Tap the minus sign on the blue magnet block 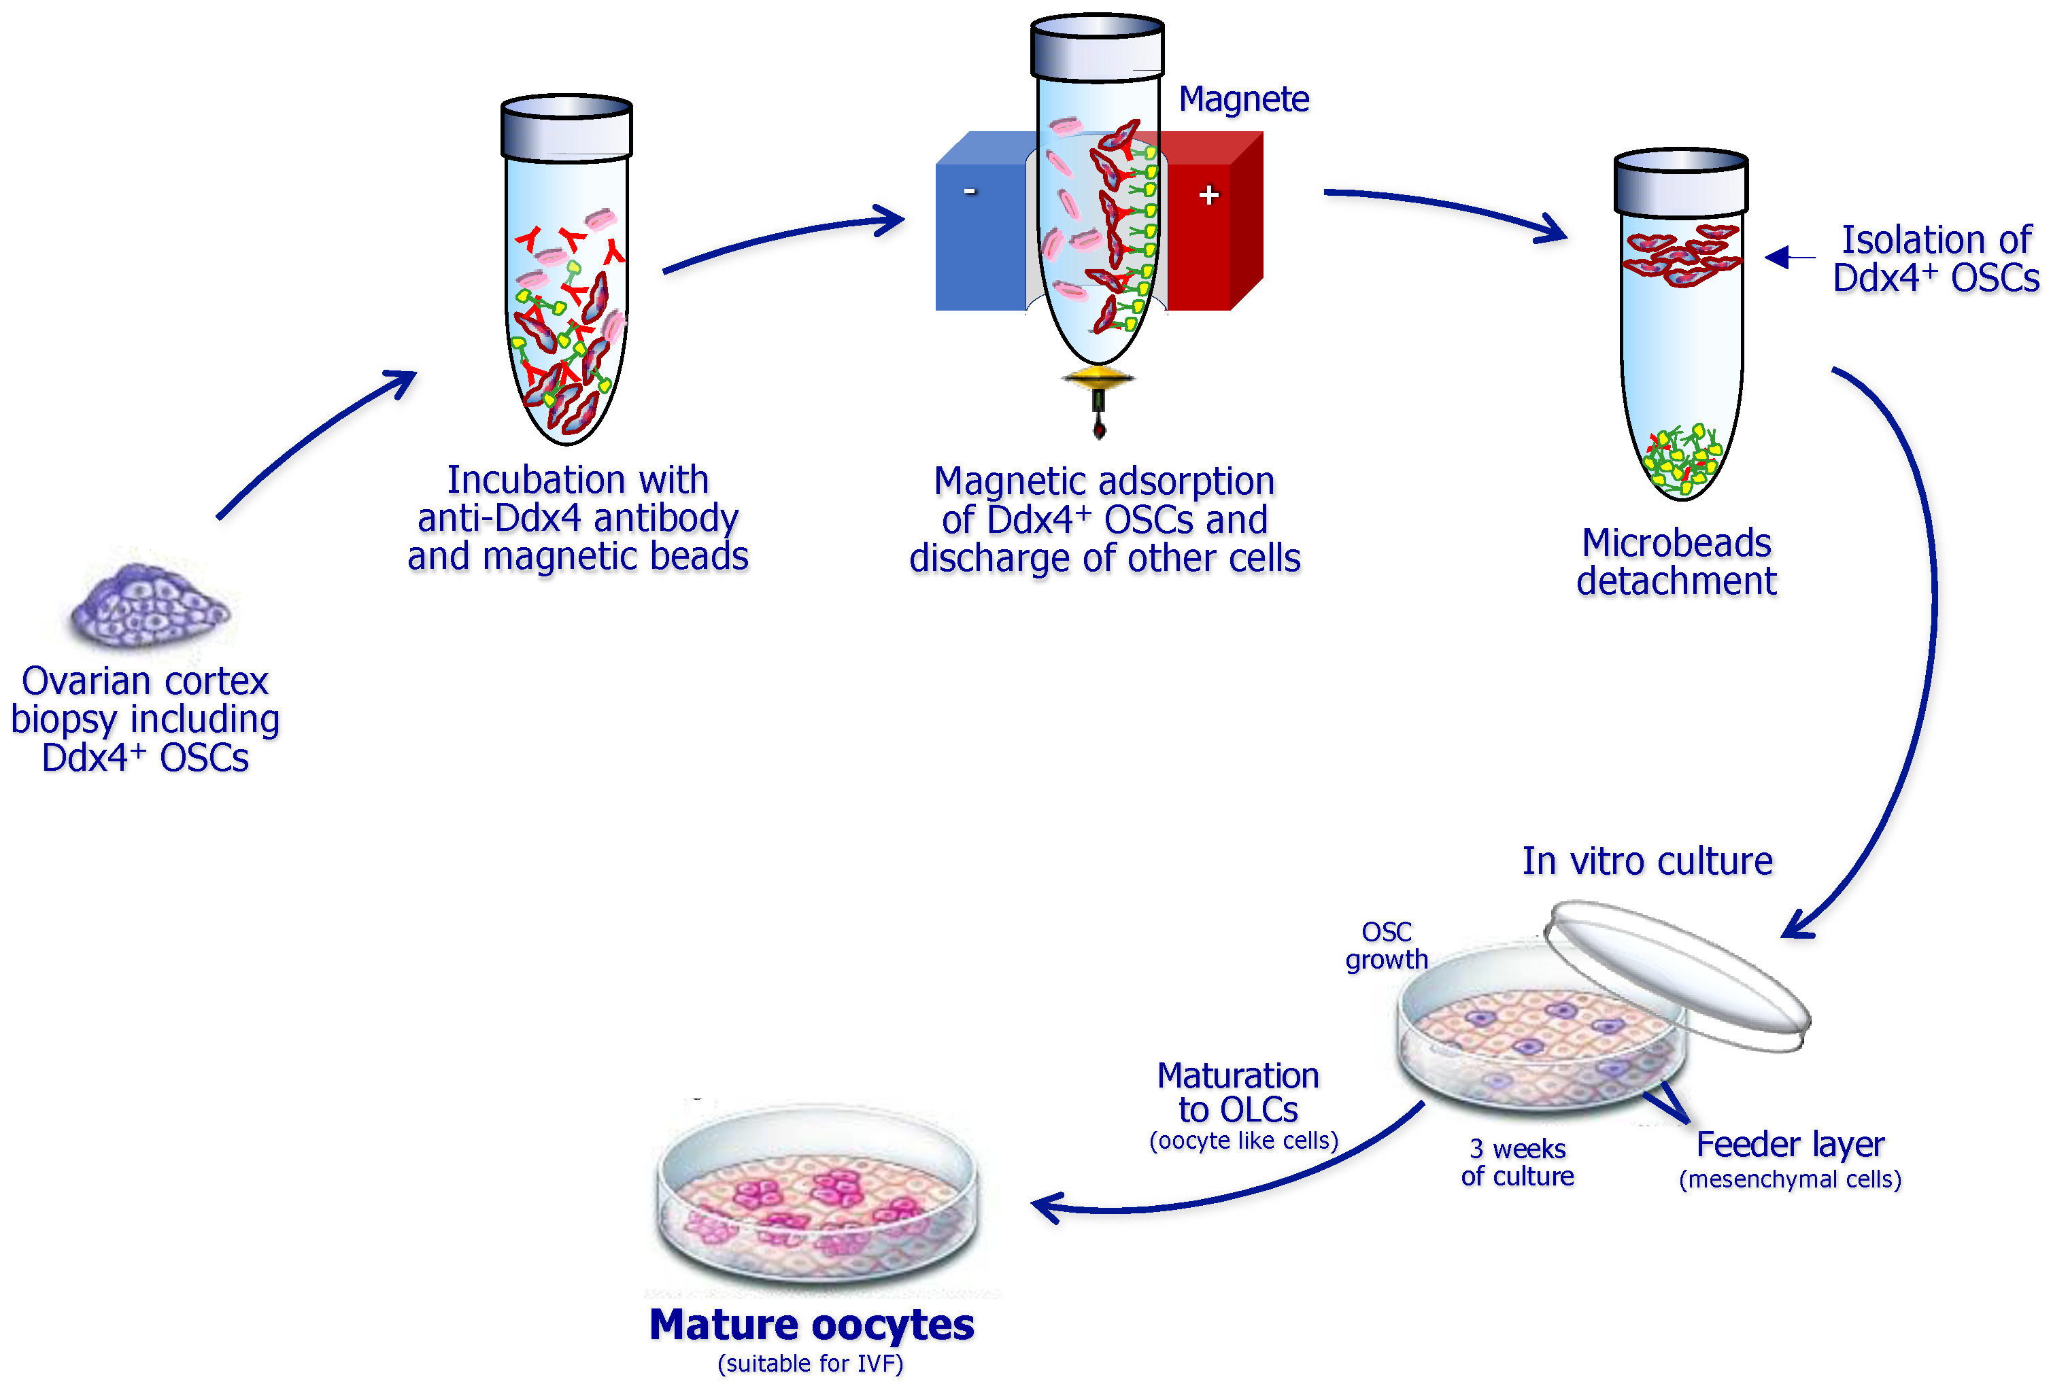pyautogui.click(x=969, y=192)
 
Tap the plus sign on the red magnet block pyautogui.click(x=1208, y=195)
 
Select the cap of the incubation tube pyautogui.click(x=566, y=128)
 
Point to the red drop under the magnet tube pyautogui.click(x=1099, y=430)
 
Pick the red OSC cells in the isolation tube pyautogui.click(x=1680, y=256)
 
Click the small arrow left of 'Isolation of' pyautogui.click(x=1786, y=257)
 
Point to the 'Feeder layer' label pyautogui.click(x=1790, y=1145)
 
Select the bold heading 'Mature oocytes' pyautogui.click(x=811, y=1325)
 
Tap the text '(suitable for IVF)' pyautogui.click(x=810, y=1364)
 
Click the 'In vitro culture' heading pyautogui.click(x=1647, y=861)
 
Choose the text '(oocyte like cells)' pyautogui.click(x=1242, y=1141)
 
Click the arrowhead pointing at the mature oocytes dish pyautogui.click(x=1047, y=1207)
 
